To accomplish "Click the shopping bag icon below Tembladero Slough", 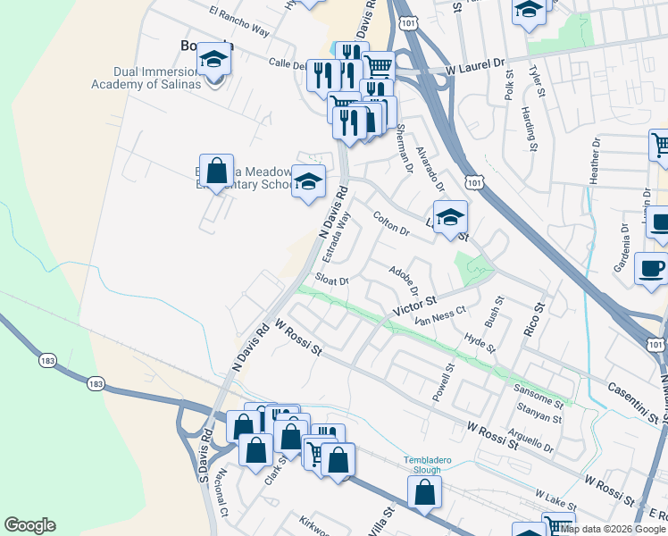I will (x=425, y=491).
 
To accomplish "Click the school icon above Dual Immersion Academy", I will (x=213, y=59).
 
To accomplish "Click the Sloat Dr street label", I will (x=330, y=281).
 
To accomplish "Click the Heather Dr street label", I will (x=595, y=162).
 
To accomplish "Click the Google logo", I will (x=29, y=525).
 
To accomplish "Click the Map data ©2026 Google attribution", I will (x=612, y=529).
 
